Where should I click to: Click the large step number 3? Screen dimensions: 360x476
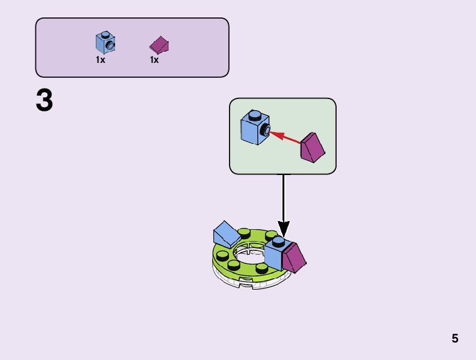44,102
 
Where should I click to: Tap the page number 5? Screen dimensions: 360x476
455,339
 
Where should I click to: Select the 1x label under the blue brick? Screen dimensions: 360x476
100,60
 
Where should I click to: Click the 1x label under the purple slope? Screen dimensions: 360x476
154,60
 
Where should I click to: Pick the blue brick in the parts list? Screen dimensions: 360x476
105,42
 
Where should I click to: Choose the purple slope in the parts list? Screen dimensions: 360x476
160,45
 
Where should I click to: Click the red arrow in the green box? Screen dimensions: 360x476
287,137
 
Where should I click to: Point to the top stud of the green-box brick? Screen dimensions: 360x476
254,115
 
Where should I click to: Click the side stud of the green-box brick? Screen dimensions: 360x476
266,130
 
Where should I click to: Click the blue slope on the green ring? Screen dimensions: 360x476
225,234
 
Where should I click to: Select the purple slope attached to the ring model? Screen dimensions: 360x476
295,257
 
